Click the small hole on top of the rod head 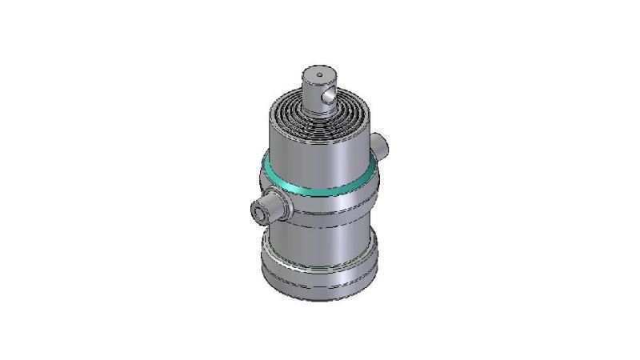(320, 75)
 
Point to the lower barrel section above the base (320, 240)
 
